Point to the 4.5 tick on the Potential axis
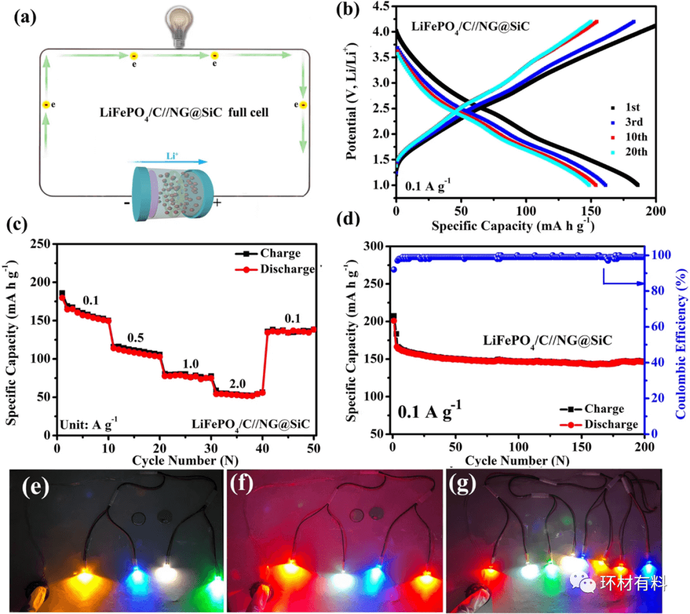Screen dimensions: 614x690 tap(381, 7)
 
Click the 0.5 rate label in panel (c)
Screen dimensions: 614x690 tap(135, 336)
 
